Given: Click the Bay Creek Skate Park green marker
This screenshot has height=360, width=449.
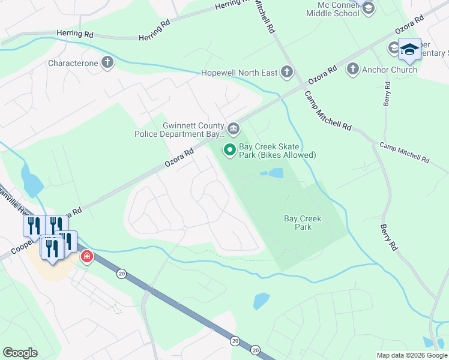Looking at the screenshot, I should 229,149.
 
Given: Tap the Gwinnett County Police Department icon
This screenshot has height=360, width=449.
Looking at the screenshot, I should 234,128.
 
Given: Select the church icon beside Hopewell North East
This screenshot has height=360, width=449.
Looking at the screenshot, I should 286,73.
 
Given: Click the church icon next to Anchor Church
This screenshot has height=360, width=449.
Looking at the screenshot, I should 353,70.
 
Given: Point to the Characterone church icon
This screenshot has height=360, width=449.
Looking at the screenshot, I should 107,62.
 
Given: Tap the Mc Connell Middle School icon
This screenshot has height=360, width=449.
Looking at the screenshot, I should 368,8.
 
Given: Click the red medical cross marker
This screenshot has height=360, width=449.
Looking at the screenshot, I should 87,256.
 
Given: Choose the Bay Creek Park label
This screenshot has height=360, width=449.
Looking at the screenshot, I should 303,223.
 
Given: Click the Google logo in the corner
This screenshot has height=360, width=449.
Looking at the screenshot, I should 20,353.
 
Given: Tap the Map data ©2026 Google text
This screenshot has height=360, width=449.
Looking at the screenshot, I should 412,355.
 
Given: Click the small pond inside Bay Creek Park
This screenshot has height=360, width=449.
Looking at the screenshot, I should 273,173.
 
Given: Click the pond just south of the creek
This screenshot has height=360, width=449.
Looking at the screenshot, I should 261,300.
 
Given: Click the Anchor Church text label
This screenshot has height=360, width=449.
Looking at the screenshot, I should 389,70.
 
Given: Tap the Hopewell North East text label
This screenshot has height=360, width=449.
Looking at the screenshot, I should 239,73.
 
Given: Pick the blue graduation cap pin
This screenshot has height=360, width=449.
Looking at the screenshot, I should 409,50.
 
